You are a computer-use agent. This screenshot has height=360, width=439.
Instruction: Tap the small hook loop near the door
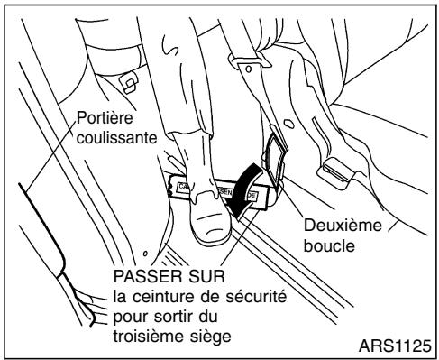coord(132,81)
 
